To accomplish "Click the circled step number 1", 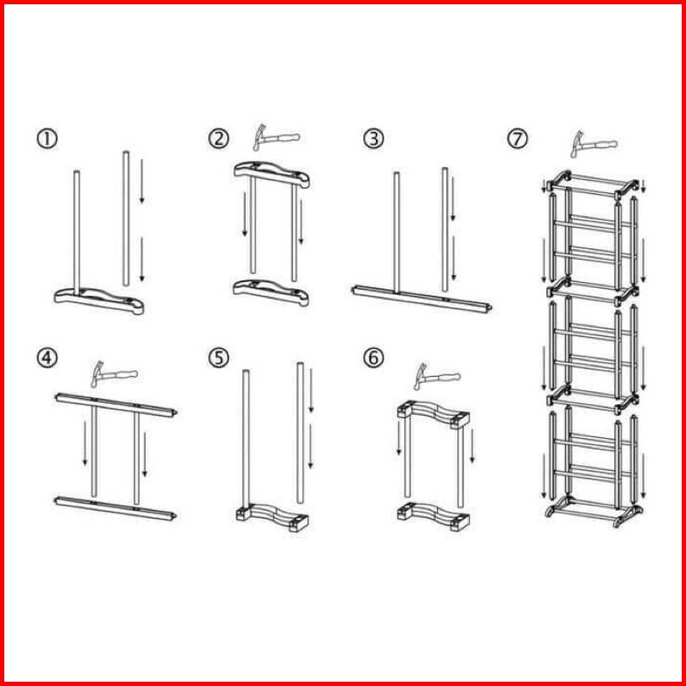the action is (x=47, y=139).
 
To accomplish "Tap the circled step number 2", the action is (x=219, y=139).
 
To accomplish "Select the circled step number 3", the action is (x=373, y=139).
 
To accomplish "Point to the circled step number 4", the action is (x=47, y=358).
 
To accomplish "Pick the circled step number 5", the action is (x=219, y=358).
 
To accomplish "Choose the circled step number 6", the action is (x=373, y=358).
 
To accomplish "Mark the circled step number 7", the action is (x=517, y=139).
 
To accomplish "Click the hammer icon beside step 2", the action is (x=275, y=138).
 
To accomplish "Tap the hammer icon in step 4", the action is (x=113, y=374).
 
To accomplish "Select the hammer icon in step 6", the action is (x=437, y=377).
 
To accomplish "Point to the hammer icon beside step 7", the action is (x=593, y=144).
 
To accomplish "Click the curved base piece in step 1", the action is (x=99, y=301).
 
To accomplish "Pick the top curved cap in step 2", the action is (x=272, y=174).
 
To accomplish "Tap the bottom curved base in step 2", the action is (x=271, y=293).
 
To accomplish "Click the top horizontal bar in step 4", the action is (x=116, y=405).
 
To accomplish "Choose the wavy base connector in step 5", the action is (x=272, y=517).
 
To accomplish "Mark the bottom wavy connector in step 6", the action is (x=434, y=517).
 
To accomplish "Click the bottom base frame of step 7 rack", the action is (x=594, y=512).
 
